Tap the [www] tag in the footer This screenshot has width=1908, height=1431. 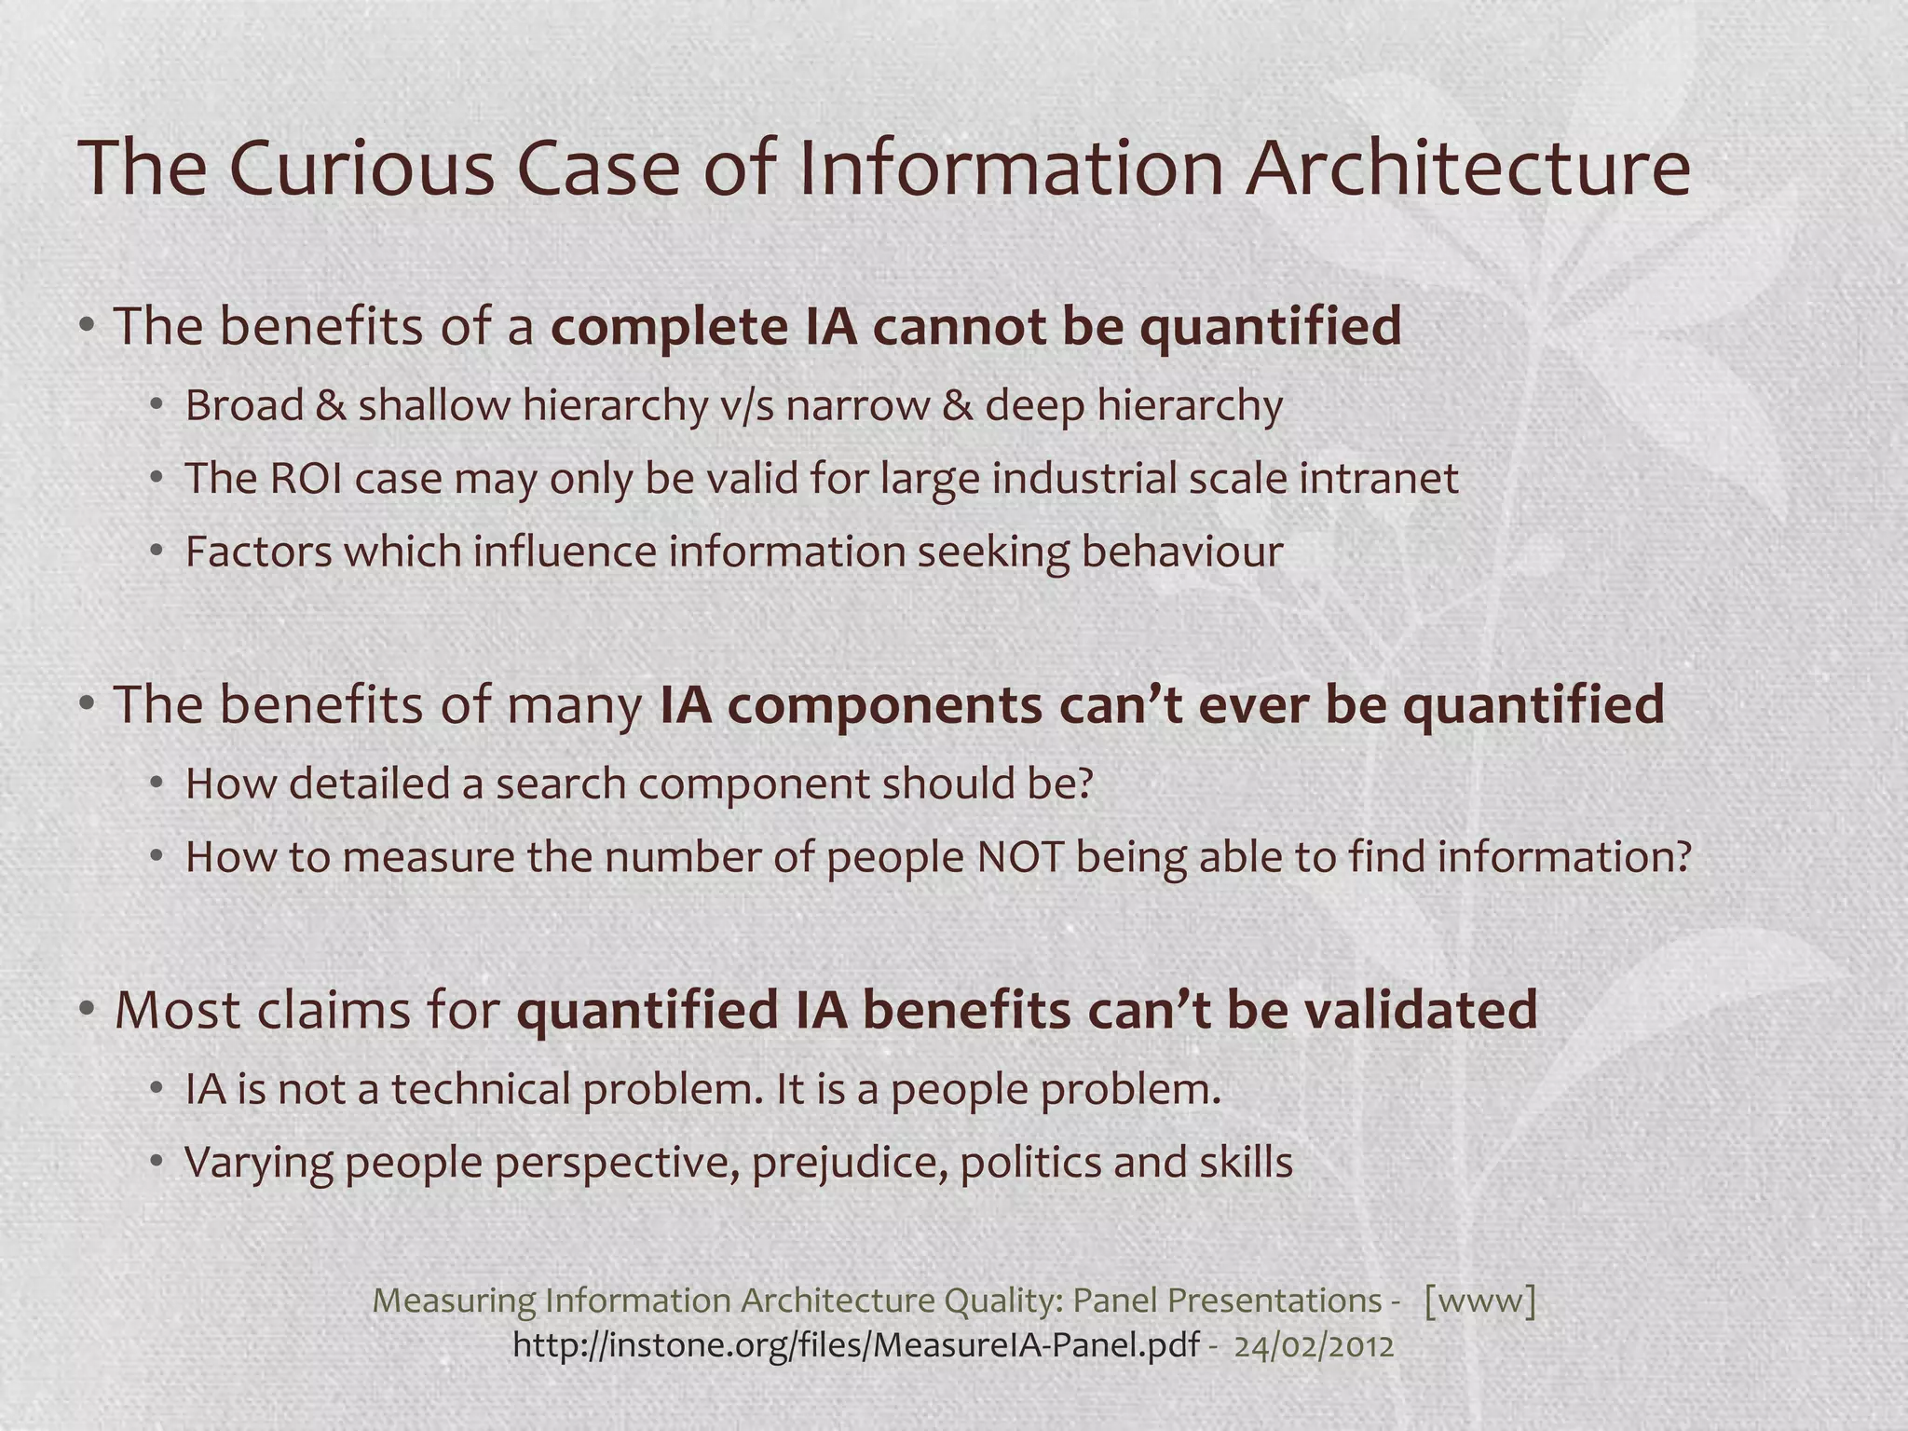pyautogui.click(x=1479, y=1300)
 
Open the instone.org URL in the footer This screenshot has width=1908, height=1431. pyautogui.click(x=855, y=1345)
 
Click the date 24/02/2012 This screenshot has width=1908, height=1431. pyautogui.click(x=1314, y=1346)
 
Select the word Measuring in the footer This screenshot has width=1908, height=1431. pyautogui.click(x=455, y=1301)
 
